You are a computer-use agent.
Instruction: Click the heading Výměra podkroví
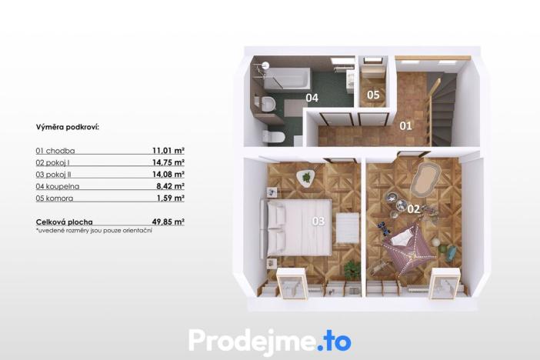point(68,127)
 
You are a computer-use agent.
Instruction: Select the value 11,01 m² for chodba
point(168,151)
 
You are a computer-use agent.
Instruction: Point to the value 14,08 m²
point(168,174)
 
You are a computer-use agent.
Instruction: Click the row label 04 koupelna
point(58,186)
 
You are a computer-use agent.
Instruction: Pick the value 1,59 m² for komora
point(171,198)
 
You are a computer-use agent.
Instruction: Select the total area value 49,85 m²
point(168,222)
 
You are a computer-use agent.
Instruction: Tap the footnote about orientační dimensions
point(94,231)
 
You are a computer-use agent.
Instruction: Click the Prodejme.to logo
point(270,339)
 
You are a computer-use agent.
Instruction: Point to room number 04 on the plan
point(312,98)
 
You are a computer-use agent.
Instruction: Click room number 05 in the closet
point(373,95)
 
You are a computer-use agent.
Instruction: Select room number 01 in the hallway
point(405,125)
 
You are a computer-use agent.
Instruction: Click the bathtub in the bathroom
point(286,78)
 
